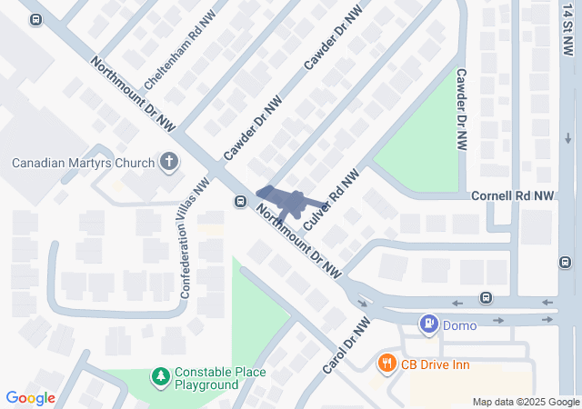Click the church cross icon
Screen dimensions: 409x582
coord(168,163)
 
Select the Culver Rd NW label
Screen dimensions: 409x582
coord(330,196)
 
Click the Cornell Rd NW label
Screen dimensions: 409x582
coord(512,195)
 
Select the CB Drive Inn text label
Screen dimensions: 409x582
coord(436,365)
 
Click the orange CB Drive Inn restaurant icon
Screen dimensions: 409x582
coord(386,365)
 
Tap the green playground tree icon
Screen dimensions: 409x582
coord(160,375)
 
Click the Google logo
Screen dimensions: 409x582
coord(31,398)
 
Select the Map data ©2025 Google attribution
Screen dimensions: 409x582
coord(526,402)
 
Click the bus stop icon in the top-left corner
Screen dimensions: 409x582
coord(35,19)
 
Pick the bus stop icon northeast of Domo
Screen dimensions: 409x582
coord(487,298)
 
